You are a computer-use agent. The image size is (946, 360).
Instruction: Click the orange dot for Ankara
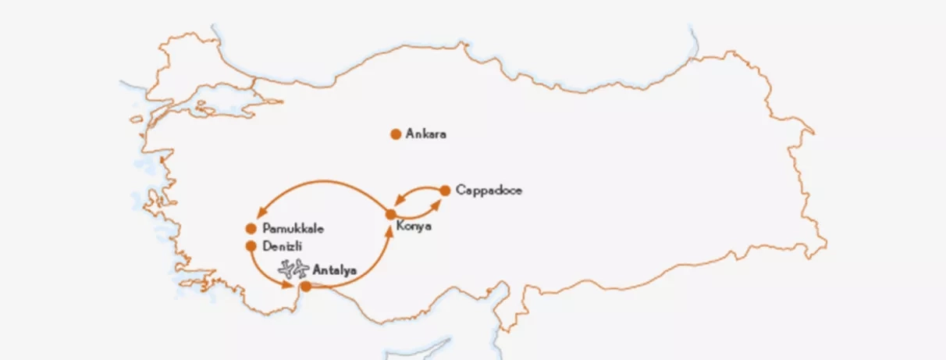click(x=396, y=134)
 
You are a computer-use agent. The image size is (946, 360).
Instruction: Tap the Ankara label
click(x=426, y=134)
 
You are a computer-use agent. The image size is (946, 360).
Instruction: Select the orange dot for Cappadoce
click(x=445, y=190)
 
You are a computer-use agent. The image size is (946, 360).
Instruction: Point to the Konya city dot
click(x=391, y=214)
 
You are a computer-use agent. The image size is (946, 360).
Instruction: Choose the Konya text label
click(x=414, y=227)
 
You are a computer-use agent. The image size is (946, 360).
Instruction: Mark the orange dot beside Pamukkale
click(x=251, y=229)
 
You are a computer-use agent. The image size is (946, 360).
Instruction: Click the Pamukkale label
click(x=293, y=229)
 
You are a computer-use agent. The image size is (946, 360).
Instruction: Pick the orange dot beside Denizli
click(x=251, y=245)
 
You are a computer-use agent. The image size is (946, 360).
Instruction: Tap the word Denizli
click(x=282, y=246)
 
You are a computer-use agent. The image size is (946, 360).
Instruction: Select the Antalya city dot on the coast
click(x=306, y=287)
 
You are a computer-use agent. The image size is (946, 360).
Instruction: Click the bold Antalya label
click(x=334, y=270)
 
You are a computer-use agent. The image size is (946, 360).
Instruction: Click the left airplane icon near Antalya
click(x=286, y=269)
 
